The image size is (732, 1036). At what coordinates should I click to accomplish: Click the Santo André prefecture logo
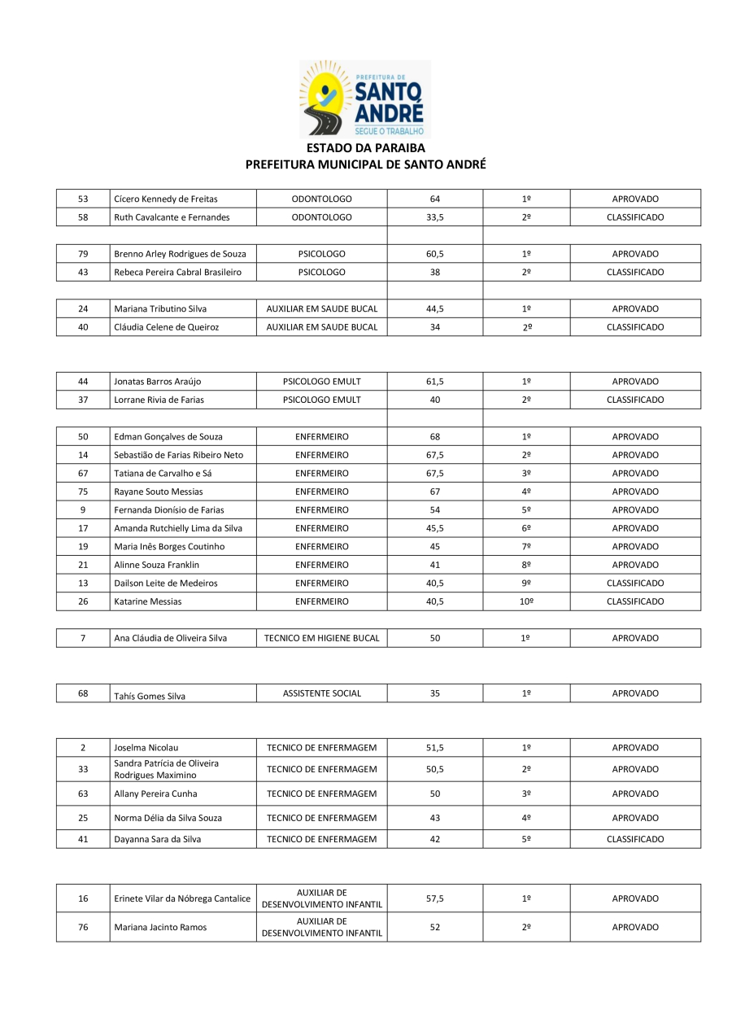pos(365,98)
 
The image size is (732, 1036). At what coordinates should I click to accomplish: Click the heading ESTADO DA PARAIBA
pos(365,148)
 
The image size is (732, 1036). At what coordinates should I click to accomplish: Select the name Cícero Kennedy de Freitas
pos(166,199)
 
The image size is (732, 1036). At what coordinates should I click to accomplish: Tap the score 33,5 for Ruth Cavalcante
pos(434,217)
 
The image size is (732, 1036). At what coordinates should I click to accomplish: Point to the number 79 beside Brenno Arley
pos(83,254)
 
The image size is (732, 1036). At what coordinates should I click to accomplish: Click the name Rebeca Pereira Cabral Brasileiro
pos(177,272)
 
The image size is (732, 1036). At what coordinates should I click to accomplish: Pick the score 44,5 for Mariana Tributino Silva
pos(434,308)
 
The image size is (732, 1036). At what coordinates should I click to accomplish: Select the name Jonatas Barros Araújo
pos(158,382)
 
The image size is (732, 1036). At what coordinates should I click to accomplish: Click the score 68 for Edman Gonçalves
pos(434,436)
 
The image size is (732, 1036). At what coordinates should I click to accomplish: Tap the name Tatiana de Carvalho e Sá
pos(163,473)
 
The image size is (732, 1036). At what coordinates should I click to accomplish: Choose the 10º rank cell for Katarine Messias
pos(526,601)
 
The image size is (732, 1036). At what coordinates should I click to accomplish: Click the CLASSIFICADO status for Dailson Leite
pos(634,583)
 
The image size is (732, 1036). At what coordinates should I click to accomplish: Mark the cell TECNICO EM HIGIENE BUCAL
pos(321,638)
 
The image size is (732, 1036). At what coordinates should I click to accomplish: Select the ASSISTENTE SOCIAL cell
pos(321,693)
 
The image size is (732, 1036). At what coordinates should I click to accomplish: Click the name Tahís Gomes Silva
pos(150,696)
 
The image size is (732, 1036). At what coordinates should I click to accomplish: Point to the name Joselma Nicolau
pos(146,748)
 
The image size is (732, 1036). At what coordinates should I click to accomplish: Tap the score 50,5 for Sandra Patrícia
pos(434,769)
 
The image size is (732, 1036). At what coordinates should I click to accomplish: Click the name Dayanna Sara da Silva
pos(158,839)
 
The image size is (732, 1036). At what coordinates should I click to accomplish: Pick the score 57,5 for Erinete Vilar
pos(434,898)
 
